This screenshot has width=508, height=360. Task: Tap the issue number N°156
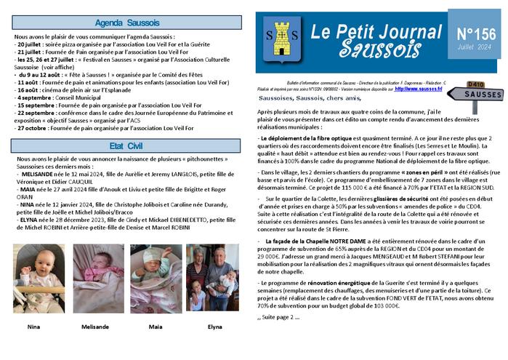point(475,34)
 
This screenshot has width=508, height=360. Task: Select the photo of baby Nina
point(38,279)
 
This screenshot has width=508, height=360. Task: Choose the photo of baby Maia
point(155,279)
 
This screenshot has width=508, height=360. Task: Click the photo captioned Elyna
point(214,279)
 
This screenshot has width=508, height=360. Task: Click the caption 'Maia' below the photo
point(156,327)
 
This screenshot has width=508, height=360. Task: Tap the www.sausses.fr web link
point(419,89)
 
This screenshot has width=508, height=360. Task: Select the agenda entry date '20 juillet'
point(32,44)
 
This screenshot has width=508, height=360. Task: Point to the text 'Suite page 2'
point(279,317)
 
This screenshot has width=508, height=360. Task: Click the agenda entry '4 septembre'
point(35,97)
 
